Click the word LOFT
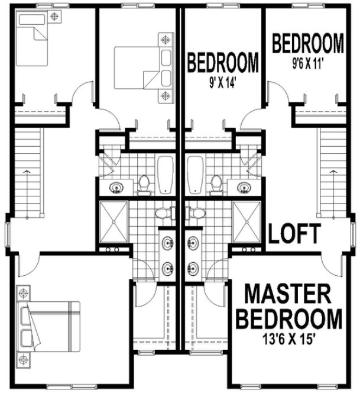(294, 234)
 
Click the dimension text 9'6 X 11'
(307, 62)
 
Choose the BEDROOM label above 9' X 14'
(223, 62)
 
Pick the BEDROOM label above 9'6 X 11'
(308, 43)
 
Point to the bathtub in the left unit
(164, 175)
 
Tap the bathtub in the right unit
(194, 175)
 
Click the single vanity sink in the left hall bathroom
(118, 188)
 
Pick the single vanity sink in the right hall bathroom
(242, 188)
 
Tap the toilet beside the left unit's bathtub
(144, 184)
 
